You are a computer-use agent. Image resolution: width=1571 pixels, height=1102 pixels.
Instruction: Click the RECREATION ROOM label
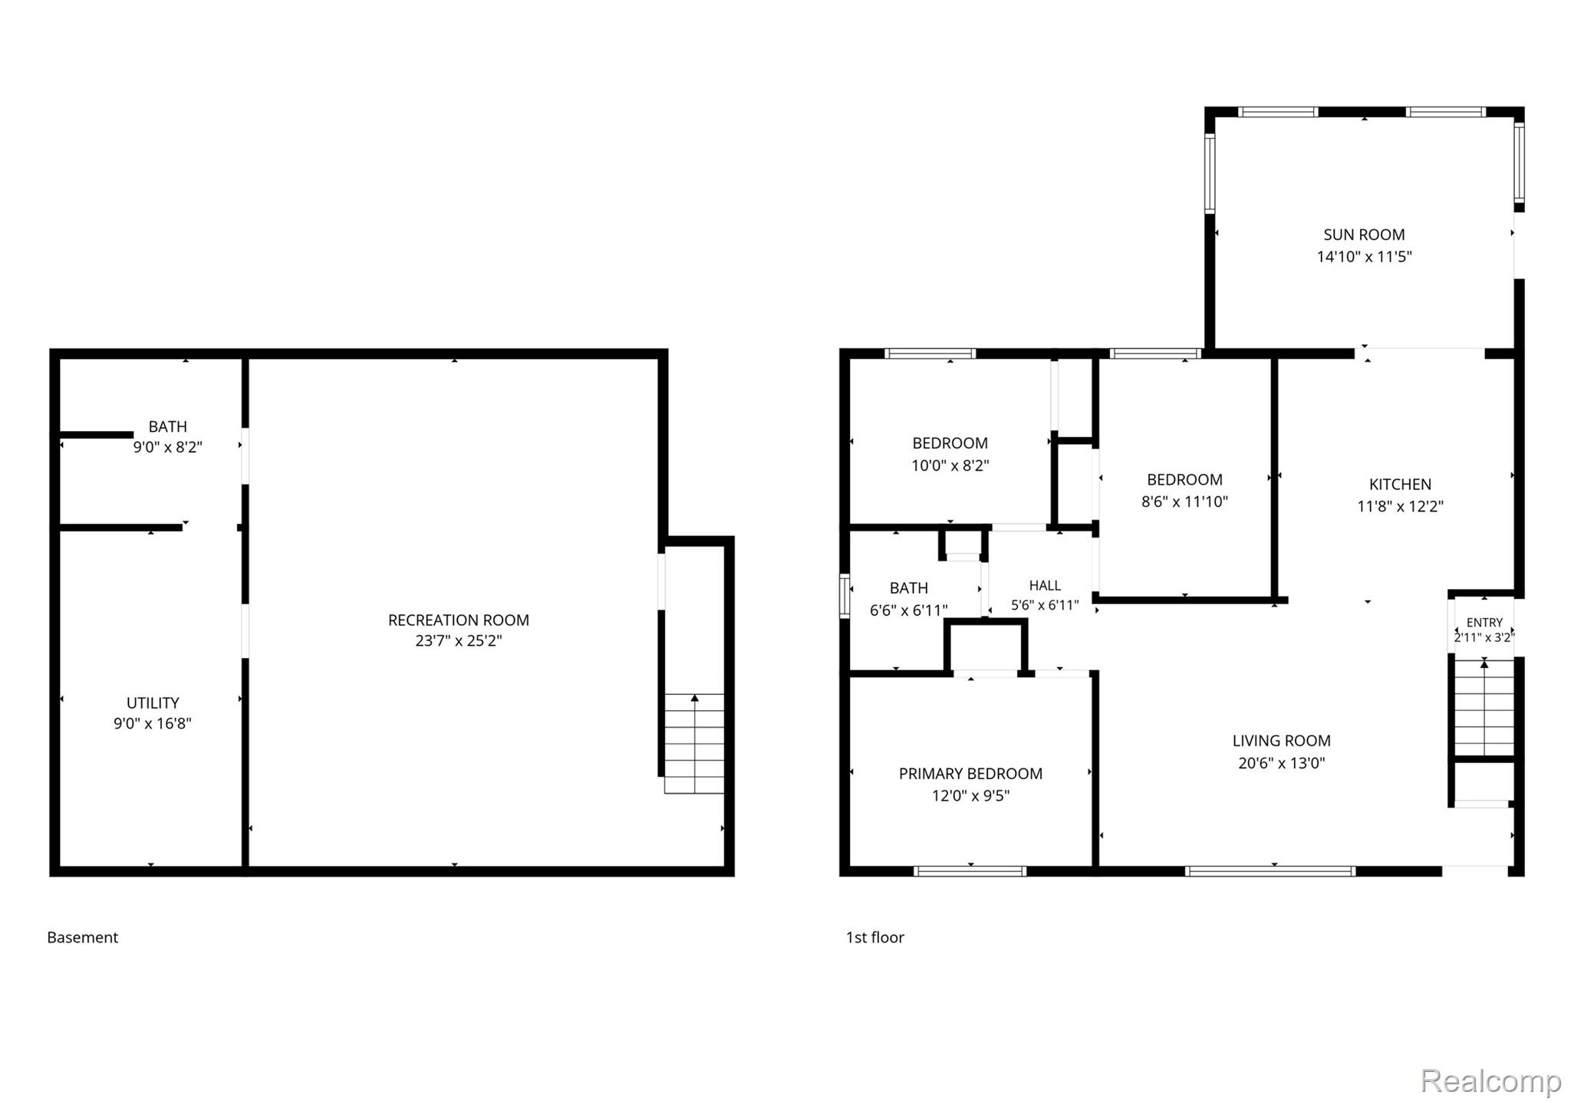459,620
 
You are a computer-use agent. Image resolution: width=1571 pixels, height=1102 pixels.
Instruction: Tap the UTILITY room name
153,702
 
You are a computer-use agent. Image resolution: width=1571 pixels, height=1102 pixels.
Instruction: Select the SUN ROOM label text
1364,235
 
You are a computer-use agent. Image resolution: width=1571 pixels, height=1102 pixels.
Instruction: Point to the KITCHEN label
1400,484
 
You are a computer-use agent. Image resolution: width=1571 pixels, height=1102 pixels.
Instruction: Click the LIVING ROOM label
1281,741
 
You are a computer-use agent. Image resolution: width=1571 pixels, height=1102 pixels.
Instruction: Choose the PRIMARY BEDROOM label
970,774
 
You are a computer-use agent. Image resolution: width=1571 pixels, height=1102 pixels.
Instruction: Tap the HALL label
1045,586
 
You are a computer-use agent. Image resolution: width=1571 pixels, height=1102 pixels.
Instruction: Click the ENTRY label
1484,623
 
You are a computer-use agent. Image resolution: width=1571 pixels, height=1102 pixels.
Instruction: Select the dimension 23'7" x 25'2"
459,640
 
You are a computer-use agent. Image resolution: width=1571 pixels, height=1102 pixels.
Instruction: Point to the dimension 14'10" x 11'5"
1364,256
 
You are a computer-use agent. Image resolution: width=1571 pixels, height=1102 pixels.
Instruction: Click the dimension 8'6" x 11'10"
1184,502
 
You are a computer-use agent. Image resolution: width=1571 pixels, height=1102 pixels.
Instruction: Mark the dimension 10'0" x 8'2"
950,465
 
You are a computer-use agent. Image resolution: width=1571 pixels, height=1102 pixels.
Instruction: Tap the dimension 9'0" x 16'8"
153,723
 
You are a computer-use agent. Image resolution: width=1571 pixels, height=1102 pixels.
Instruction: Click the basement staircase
694,743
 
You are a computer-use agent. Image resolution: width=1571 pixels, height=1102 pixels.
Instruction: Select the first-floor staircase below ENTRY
1484,707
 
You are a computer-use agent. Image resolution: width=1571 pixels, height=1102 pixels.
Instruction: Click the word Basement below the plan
83,937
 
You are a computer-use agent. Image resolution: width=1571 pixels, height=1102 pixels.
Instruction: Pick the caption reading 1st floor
874,937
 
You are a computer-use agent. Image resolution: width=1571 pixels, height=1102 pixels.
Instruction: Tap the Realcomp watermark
1490,1081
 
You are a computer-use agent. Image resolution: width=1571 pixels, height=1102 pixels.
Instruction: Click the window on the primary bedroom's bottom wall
970,871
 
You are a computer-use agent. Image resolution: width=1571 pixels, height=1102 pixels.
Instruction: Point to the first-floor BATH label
908,588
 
